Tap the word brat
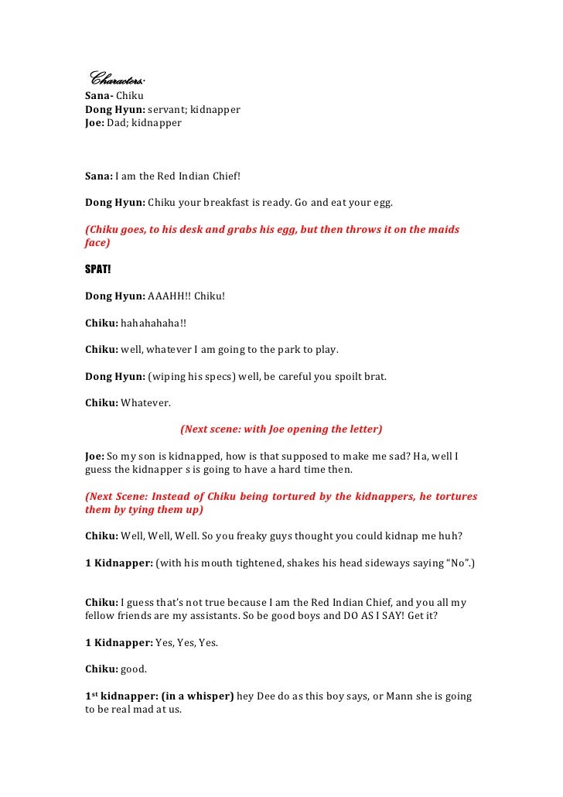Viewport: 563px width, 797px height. (x=371, y=376)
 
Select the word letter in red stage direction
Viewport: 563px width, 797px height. (x=366, y=429)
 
